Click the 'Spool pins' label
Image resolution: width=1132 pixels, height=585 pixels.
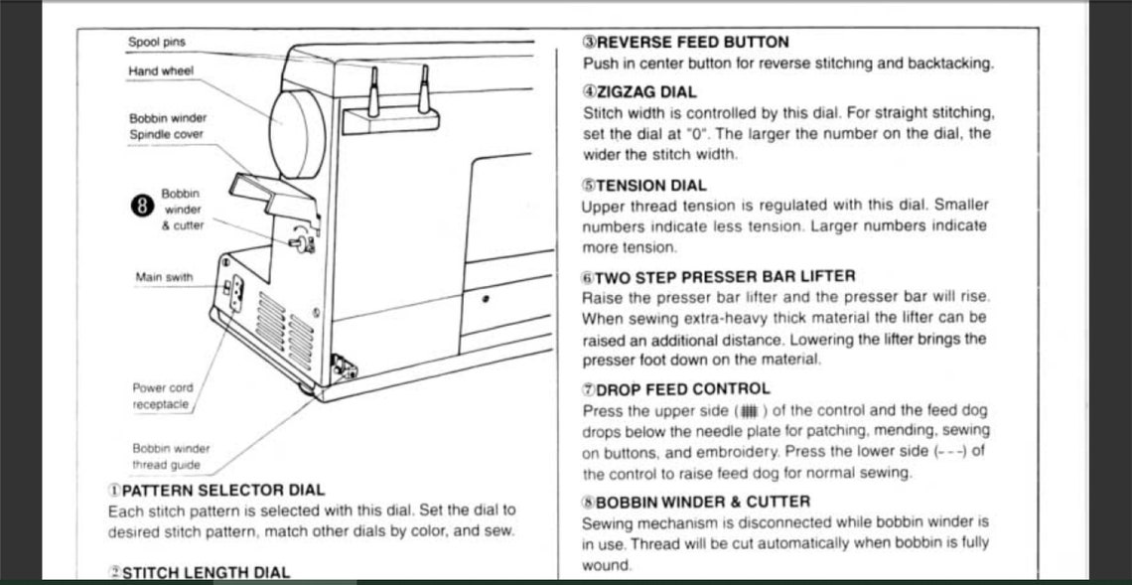[156, 43]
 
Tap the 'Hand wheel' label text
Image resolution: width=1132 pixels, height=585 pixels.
[161, 72]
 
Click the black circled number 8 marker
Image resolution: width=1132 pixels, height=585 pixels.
[142, 207]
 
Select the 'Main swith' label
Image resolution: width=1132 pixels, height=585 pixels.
[164, 277]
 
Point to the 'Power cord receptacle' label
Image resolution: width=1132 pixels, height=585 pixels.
[163, 396]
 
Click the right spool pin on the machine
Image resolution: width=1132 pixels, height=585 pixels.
[423, 88]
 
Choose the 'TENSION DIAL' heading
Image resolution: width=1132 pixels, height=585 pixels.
[650, 185]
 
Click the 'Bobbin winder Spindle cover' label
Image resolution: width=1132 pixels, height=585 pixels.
[167, 126]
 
